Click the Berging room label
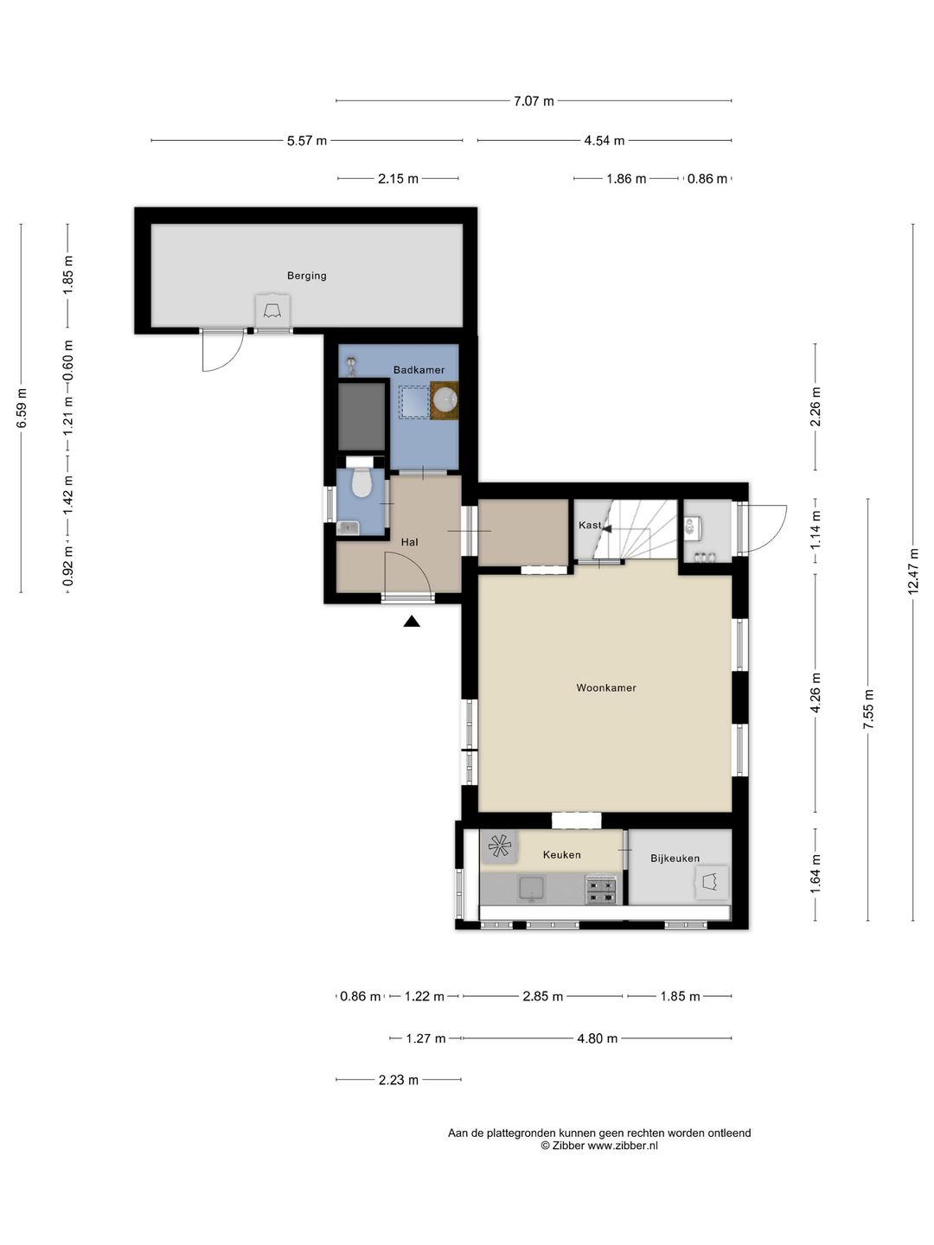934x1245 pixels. pyautogui.click(x=306, y=276)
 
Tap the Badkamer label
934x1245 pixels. pyautogui.click(x=419, y=370)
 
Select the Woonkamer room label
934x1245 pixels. pyautogui.click(x=605, y=688)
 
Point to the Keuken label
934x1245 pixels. pyautogui.click(x=561, y=855)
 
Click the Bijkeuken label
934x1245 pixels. pyautogui.click(x=675, y=859)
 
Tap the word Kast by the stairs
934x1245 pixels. pyautogui.click(x=589, y=525)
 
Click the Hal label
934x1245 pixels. pyautogui.click(x=409, y=542)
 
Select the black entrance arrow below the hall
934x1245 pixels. pyautogui.click(x=412, y=622)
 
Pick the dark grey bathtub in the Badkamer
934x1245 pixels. pyautogui.click(x=361, y=417)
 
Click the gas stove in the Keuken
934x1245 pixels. pyautogui.click(x=600, y=890)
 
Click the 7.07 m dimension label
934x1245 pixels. pyautogui.click(x=534, y=101)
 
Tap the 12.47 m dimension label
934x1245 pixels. pyautogui.click(x=912, y=572)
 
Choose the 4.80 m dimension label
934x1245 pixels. pyautogui.click(x=597, y=1038)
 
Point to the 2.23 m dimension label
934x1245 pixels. pyautogui.click(x=398, y=1080)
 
